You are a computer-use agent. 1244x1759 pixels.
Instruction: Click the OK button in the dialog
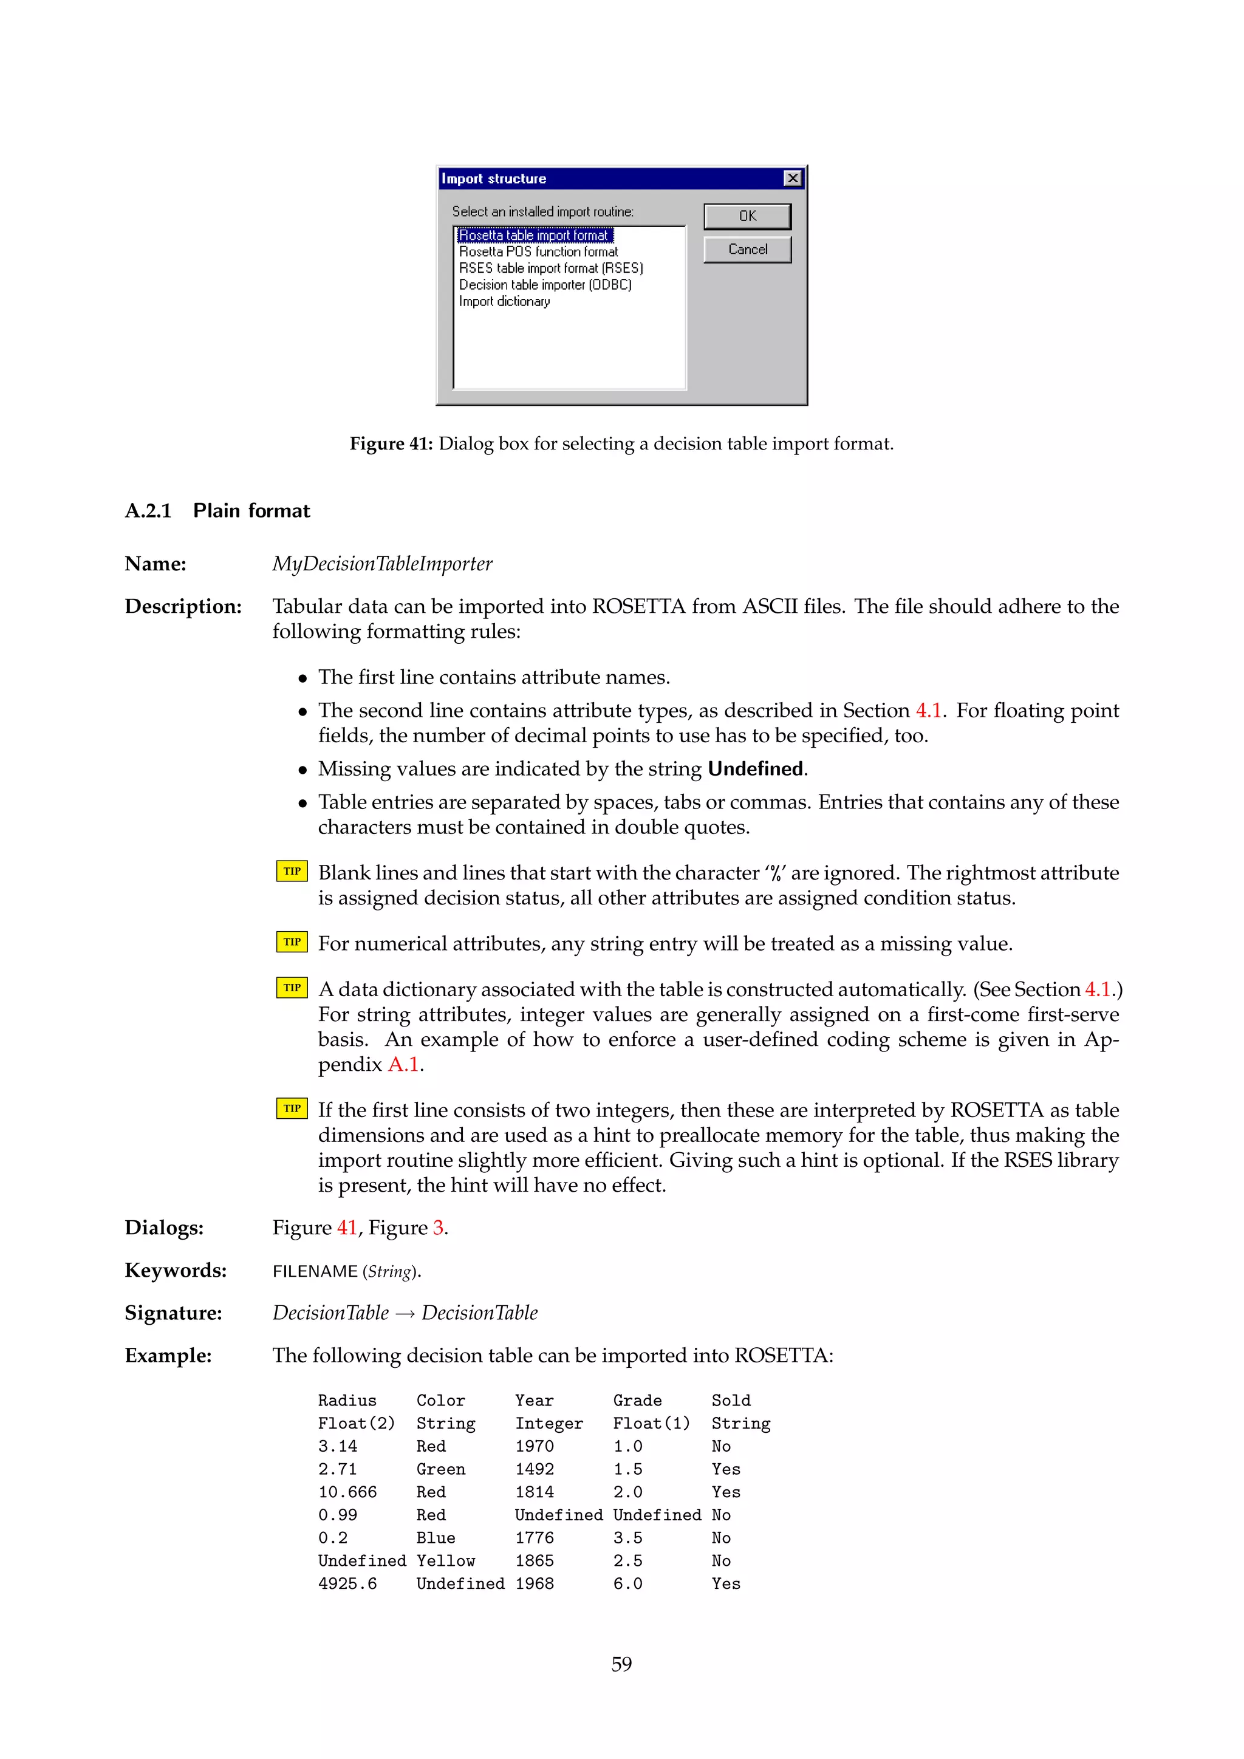(747, 216)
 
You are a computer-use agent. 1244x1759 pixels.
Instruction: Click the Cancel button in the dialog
(747, 250)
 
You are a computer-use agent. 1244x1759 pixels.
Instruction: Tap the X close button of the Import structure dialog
(793, 179)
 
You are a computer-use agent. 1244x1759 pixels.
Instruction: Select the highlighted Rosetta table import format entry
(534, 235)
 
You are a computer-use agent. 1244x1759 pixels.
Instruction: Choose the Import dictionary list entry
(504, 302)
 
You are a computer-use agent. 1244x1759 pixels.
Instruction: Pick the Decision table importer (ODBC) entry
(545, 285)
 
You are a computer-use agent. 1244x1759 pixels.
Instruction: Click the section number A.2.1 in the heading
(148, 511)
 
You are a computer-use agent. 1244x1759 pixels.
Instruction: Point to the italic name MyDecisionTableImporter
(381, 564)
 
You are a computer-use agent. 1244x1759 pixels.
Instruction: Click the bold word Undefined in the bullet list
(754, 768)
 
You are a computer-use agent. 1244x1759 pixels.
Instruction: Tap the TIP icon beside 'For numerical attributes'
(292, 941)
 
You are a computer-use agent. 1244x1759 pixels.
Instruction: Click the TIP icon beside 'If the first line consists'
(292, 1108)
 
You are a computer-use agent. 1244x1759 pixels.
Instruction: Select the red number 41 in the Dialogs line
(347, 1228)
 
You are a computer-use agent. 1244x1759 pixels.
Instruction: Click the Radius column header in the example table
(347, 1401)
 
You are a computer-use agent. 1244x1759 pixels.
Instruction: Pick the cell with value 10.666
(347, 1492)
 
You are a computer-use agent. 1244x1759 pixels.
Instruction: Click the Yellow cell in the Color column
(445, 1560)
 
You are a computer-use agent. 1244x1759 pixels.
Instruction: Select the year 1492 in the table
(534, 1469)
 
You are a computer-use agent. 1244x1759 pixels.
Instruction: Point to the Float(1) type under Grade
(651, 1424)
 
